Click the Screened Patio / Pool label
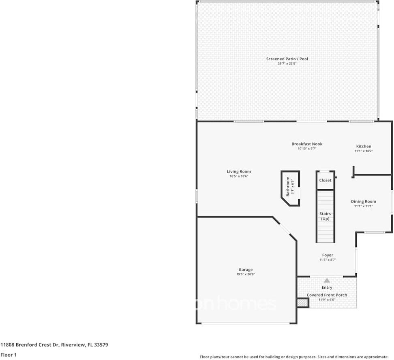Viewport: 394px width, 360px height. click(287, 59)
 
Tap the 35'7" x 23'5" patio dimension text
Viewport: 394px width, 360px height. click(287, 64)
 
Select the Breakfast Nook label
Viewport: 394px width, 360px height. click(307, 144)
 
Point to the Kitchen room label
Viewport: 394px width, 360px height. click(364, 147)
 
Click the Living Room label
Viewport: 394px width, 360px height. click(239, 172)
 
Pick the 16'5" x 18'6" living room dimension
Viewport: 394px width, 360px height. click(239, 177)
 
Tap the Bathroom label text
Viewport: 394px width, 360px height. click(288, 187)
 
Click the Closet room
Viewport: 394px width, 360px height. click(325, 181)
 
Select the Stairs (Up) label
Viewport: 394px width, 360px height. click(325, 216)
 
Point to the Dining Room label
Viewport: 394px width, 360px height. click(363, 202)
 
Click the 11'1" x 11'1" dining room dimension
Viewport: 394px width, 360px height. click(363, 207)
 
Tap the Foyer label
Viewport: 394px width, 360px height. click(328, 255)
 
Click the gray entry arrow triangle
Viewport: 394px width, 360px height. click(327, 280)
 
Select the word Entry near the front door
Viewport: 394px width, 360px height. click(327, 288)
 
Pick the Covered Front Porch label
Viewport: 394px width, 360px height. click(327, 295)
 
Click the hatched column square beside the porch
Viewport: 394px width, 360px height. click(302, 303)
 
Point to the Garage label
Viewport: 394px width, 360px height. click(246, 270)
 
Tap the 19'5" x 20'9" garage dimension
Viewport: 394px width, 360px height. click(246, 275)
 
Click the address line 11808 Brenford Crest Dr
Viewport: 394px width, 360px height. click(54, 345)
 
